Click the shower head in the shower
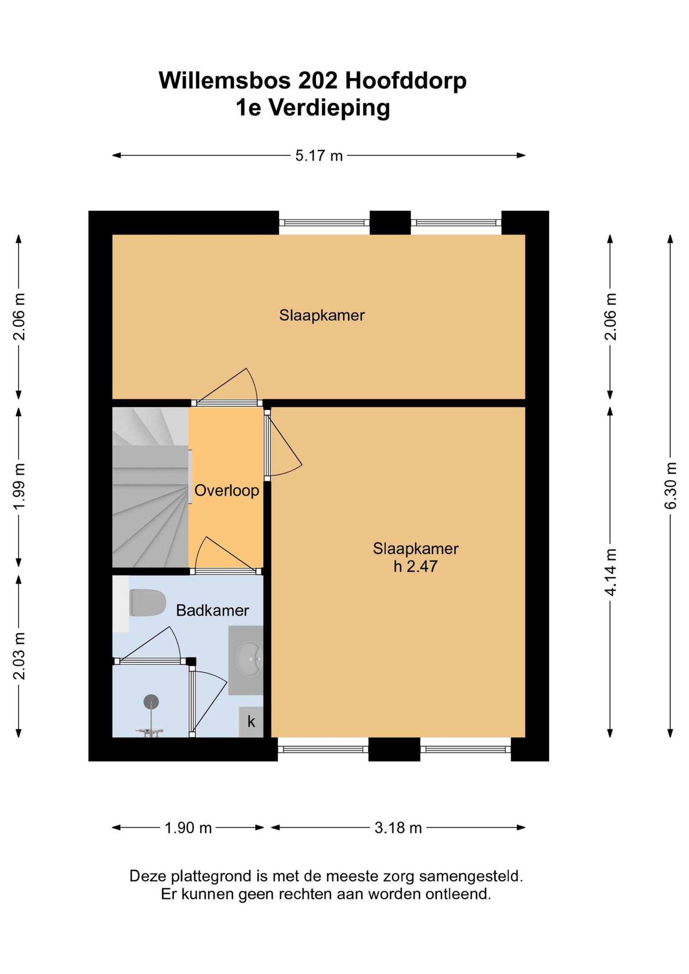coord(151,702)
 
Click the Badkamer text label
coord(212,611)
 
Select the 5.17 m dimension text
coord(319,156)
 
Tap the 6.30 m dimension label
coord(670,485)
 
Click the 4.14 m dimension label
coord(610,572)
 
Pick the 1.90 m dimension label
coord(188,828)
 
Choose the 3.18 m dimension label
coord(398,828)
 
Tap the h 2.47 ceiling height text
coord(415,566)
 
